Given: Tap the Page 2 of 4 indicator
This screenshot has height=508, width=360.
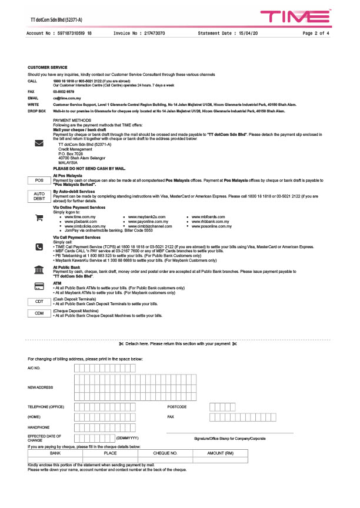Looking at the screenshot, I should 316,34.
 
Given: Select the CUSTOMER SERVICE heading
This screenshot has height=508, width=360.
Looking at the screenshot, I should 48,68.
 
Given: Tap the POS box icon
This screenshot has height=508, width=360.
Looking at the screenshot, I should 39,181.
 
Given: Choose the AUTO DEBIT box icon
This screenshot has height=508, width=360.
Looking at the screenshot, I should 39,196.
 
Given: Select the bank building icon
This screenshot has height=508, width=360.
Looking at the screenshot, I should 39,270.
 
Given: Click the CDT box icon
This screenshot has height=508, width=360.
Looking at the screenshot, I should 39,302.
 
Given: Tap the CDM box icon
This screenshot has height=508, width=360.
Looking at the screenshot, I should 39,313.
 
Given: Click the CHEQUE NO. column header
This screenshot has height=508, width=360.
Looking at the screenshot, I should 165,453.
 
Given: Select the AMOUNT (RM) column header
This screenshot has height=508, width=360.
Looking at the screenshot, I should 221,453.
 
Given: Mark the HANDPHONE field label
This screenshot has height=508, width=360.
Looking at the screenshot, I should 39,427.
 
